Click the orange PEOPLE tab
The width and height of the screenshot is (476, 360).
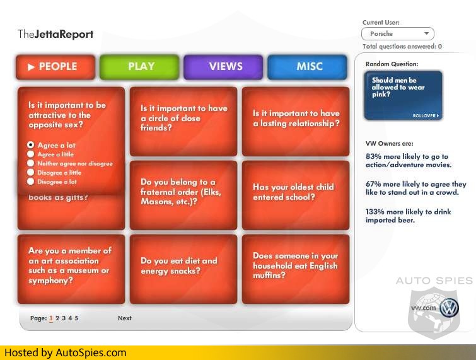click(55, 67)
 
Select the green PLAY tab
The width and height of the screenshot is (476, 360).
click(139, 67)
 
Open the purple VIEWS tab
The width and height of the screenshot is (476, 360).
click(223, 67)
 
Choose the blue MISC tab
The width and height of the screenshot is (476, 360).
click(307, 67)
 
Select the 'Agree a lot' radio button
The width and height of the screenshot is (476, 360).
click(30, 145)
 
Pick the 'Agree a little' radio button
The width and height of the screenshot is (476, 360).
click(30, 154)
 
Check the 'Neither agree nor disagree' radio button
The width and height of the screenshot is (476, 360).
click(30, 163)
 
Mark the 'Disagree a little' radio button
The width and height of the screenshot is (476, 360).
click(30, 172)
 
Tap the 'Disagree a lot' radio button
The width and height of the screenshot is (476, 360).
click(30, 181)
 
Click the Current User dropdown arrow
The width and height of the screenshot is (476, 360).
click(427, 33)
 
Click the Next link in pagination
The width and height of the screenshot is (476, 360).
click(125, 318)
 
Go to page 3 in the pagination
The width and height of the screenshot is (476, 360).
click(64, 318)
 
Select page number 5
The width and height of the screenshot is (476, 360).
click(76, 318)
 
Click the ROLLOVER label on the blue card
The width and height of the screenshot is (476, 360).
click(426, 115)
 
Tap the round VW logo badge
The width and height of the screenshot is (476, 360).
click(450, 308)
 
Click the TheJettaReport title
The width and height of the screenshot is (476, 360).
click(55, 34)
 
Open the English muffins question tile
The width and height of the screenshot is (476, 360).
click(296, 269)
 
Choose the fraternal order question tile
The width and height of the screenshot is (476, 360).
click(183, 195)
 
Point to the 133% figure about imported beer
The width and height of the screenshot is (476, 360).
click(375, 212)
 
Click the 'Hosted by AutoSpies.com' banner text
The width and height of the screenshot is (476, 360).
click(66, 352)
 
